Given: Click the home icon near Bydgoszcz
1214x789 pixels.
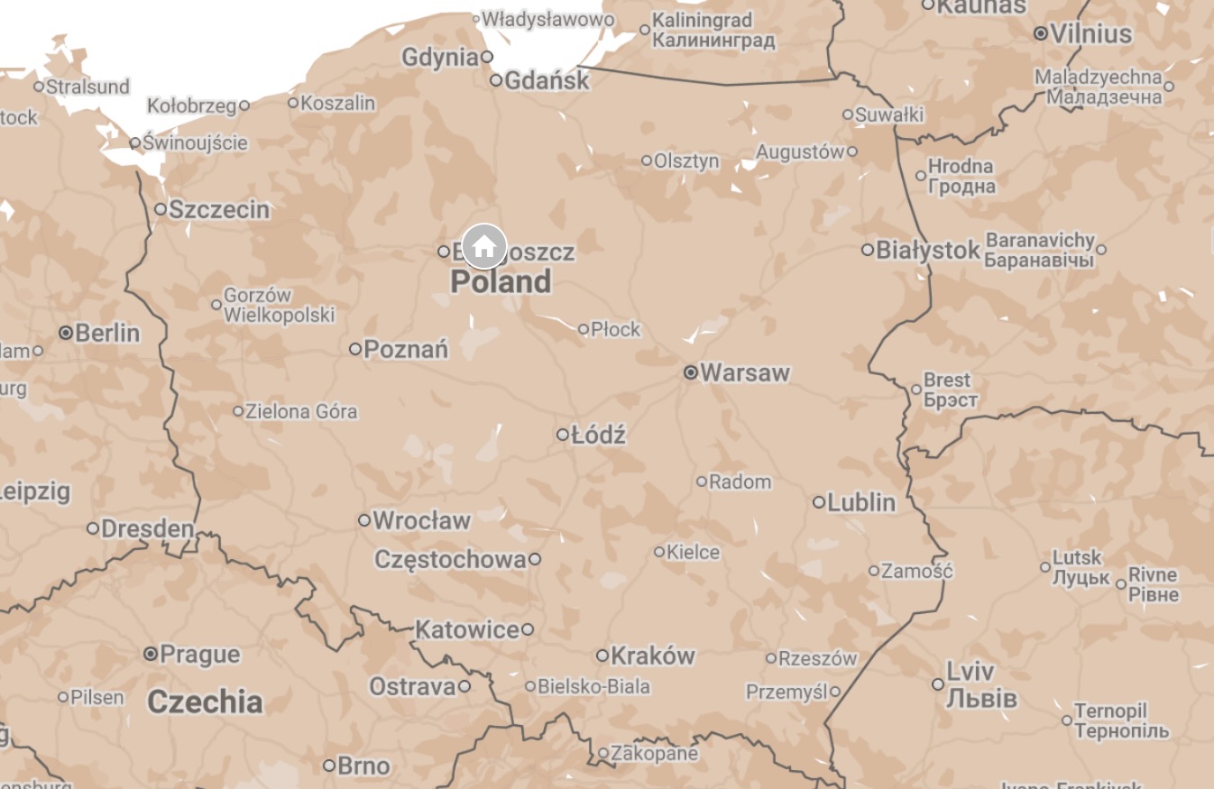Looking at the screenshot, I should click(484, 245).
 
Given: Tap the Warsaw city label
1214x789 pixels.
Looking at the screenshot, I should click(744, 372).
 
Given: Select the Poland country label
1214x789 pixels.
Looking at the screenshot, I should click(501, 282).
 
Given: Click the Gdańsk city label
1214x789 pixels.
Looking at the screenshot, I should click(547, 80).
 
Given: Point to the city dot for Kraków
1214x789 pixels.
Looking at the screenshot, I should click(602, 656).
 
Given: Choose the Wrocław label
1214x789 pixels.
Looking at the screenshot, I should click(421, 520).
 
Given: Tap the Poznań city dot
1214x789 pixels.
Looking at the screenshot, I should click(355, 349).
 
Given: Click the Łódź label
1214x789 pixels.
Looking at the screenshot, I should click(598, 436).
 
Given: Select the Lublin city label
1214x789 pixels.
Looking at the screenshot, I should click(861, 502).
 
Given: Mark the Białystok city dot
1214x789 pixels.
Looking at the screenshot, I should click(868, 250).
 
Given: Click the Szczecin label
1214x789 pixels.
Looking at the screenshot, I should click(219, 210).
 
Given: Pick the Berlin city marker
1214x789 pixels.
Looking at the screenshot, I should click(66, 333).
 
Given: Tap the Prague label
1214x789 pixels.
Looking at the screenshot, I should click(199, 655).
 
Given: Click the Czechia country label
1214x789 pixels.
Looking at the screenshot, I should click(205, 702).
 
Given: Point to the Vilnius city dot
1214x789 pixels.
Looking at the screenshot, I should click(1041, 33).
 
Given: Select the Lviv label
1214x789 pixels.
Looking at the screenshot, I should click(970, 671).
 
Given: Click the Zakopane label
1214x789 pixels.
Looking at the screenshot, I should click(654, 753).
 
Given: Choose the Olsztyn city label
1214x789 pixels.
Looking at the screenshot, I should click(686, 161).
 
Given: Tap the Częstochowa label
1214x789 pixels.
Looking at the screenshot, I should click(449, 559).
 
